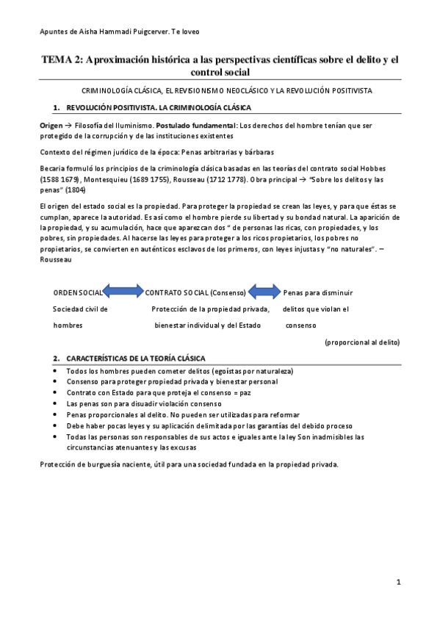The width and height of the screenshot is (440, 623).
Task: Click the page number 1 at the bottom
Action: point(397,583)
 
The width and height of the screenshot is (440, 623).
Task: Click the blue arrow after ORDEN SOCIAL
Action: point(122,291)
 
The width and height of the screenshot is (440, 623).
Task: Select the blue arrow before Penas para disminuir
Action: point(265,291)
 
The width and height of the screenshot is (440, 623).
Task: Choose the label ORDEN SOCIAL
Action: point(77,292)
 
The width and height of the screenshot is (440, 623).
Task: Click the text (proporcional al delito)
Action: point(362,342)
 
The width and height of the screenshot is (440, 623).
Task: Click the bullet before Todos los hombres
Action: point(57,370)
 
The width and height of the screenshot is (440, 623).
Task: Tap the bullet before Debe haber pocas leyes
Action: point(57,425)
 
